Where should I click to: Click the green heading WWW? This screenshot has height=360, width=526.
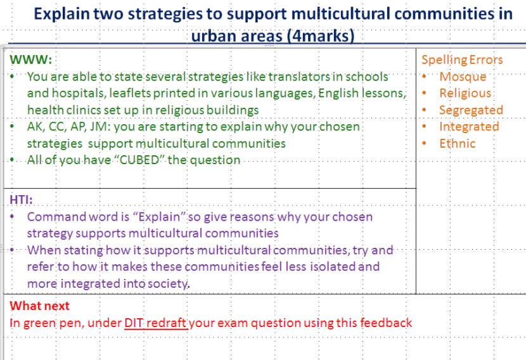[31, 60]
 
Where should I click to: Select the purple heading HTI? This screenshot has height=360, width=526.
[21, 200]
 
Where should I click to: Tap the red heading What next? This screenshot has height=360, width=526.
[39, 306]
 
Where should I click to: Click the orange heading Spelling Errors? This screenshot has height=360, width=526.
[462, 60]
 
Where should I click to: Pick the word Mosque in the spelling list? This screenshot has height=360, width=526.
[463, 77]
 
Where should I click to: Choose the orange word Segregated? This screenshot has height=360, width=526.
[471, 110]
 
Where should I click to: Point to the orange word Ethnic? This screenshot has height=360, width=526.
[457, 144]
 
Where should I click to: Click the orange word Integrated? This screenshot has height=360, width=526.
[469, 127]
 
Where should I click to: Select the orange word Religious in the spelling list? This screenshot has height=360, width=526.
[465, 94]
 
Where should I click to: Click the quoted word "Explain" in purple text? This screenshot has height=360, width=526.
[159, 217]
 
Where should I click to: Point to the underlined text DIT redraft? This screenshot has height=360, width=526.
[155, 323]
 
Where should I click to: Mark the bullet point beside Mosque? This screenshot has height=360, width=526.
[425, 77]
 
